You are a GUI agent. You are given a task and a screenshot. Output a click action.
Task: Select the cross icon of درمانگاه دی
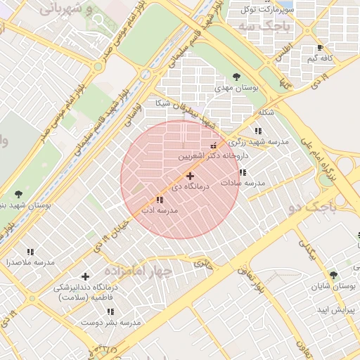tap(190, 175)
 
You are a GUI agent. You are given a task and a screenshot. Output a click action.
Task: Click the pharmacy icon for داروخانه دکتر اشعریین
tap(214, 145)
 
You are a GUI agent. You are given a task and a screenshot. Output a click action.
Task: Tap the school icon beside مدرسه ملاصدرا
tap(30, 251)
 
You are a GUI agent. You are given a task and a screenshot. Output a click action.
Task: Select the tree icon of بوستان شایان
tap(333, 275)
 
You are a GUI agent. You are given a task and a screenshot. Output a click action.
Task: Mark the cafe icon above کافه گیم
tap(321, 48)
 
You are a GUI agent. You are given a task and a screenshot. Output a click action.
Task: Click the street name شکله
tap(266, 112)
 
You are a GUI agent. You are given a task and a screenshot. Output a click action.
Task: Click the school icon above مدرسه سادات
tap(243, 172)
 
